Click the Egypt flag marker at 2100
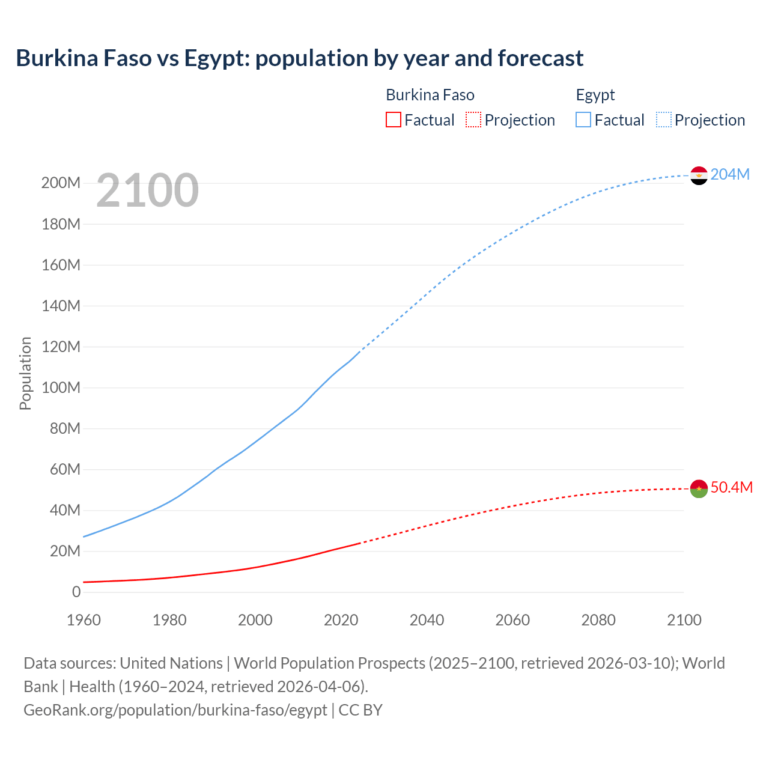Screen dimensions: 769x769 click(699, 175)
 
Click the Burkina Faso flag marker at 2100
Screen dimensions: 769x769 click(699, 488)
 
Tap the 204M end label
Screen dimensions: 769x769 click(730, 174)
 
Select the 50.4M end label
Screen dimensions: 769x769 click(731, 487)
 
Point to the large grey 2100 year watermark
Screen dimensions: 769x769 click(147, 190)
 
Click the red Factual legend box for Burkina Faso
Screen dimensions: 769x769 click(394, 120)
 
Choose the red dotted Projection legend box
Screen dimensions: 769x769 click(473, 120)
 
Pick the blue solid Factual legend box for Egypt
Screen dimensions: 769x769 click(583, 120)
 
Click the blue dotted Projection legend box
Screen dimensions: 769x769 click(664, 120)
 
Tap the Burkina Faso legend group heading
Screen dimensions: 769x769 click(430, 95)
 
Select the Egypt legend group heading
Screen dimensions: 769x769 click(595, 95)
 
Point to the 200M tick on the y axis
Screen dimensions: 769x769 click(61, 183)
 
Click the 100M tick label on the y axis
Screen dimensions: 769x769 click(61, 388)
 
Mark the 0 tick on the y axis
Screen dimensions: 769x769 click(76, 592)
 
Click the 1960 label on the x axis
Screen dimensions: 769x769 click(84, 620)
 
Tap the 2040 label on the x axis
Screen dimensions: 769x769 click(427, 620)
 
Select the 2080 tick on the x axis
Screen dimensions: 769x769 click(598, 620)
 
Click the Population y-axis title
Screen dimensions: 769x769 click(25, 373)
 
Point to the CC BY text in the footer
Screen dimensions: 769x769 click(360, 710)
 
